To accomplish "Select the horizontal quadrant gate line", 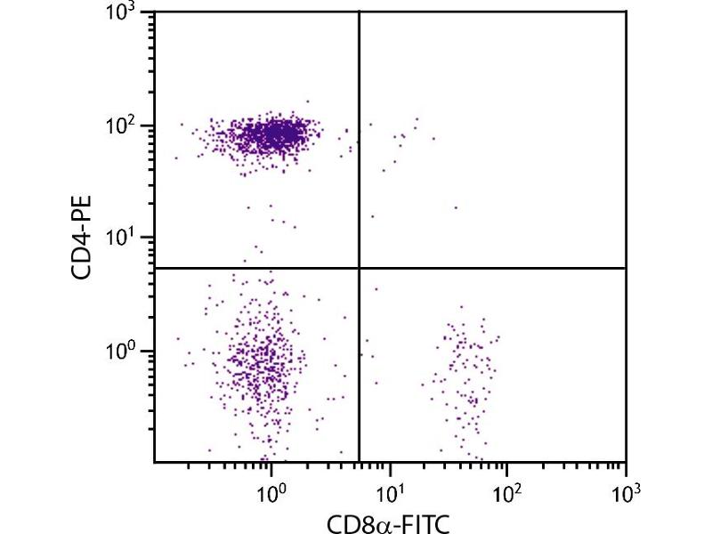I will coord(489,268).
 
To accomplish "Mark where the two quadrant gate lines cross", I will coord(359,268).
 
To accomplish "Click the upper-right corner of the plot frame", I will coord(626,12).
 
